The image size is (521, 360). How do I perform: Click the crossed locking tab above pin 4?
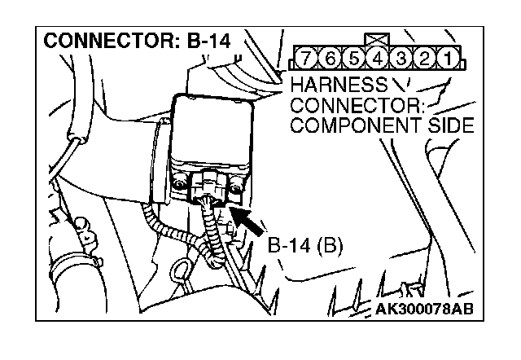coord(377,39)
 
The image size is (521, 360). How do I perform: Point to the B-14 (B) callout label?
coord(305,244)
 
